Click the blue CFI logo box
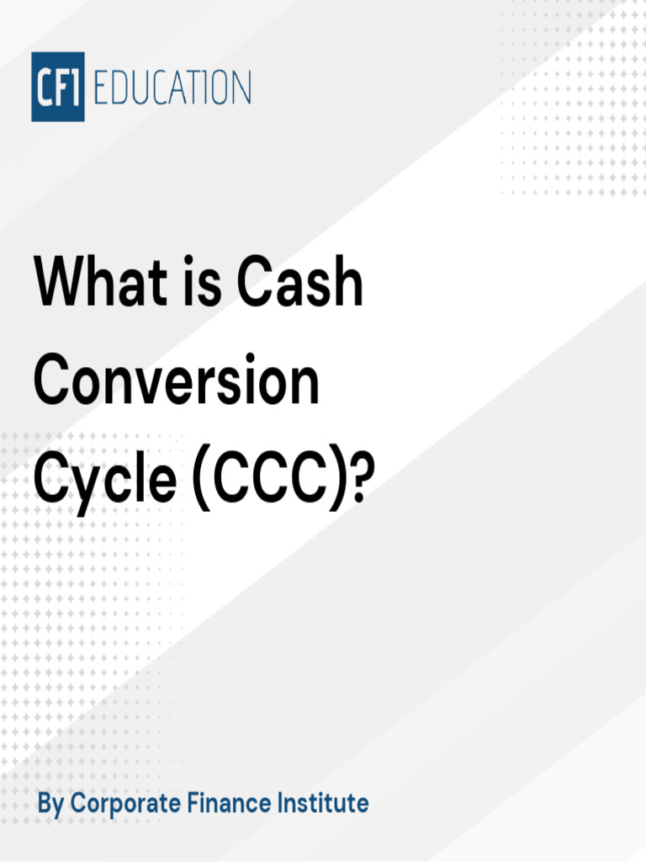(x=58, y=87)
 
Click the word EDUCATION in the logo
(x=172, y=88)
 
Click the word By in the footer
(x=50, y=803)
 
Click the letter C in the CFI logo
(x=44, y=88)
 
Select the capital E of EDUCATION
(x=100, y=88)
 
